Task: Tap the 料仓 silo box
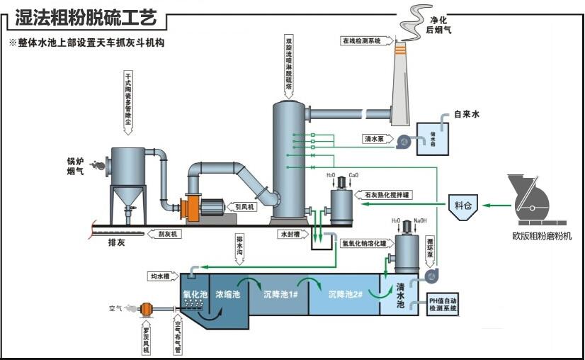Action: (x=463, y=206)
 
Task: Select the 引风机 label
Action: (x=244, y=207)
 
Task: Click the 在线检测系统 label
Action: (x=362, y=41)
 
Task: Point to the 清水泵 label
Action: (x=373, y=140)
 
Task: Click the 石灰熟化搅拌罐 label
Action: (x=387, y=193)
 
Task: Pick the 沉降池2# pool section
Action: (x=346, y=293)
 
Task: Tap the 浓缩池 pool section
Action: (x=228, y=293)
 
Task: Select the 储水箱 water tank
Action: (x=433, y=138)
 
